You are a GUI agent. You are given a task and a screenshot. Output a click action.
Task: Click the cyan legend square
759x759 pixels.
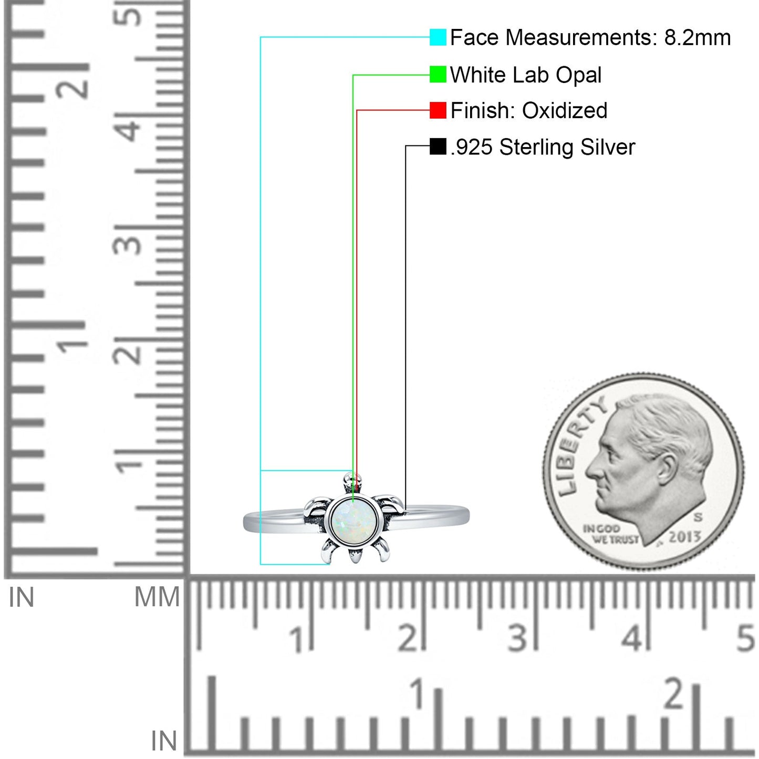click(x=438, y=37)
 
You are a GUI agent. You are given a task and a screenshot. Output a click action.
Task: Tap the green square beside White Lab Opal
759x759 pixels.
click(x=438, y=75)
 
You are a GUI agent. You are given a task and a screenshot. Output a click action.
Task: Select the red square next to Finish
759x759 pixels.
click(x=438, y=110)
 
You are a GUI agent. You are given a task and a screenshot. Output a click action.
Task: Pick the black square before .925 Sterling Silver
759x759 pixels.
click(x=438, y=147)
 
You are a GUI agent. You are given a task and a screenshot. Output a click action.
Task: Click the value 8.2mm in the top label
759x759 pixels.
click(x=697, y=38)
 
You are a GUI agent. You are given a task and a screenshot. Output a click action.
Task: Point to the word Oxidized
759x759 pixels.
click(x=565, y=110)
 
